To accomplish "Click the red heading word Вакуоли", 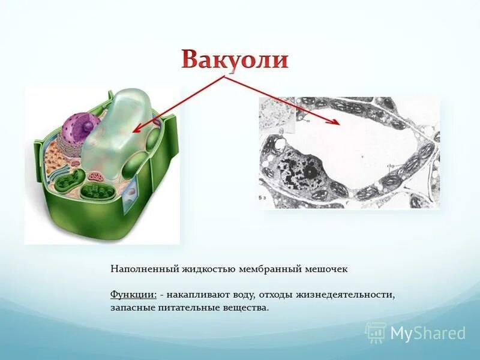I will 235,60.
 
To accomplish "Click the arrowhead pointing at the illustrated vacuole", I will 136,130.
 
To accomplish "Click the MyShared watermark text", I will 428,333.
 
